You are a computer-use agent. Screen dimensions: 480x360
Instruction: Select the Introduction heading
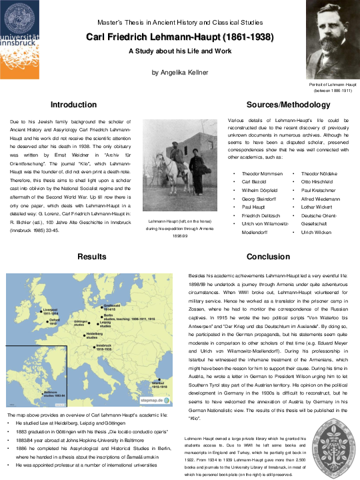[x=73, y=105]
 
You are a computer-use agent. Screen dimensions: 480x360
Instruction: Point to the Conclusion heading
[x=268, y=256]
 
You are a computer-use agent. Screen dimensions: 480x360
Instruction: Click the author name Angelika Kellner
[x=179, y=72]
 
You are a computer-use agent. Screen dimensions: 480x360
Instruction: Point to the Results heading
[x=92, y=256]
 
